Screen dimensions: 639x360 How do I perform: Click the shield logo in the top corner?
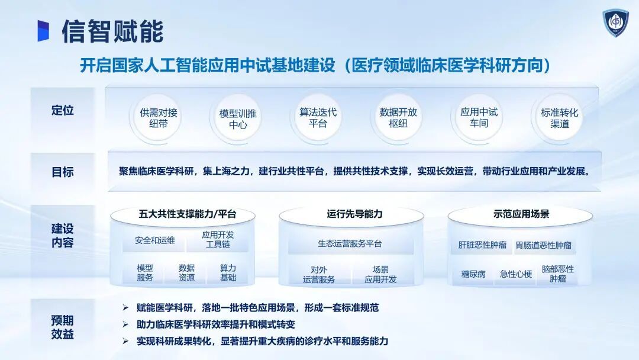(x=615, y=22)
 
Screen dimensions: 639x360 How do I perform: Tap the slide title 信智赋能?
(x=112, y=31)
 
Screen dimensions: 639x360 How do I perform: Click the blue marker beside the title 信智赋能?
(x=43, y=31)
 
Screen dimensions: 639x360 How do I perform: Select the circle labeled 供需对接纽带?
(x=158, y=118)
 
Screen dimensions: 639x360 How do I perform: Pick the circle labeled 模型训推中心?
(x=238, y=118)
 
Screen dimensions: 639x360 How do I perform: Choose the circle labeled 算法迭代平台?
(x=318, y=118)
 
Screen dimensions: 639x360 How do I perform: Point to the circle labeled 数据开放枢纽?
(x=398, y=118)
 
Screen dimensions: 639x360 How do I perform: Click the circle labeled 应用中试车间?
(x=479, y=118)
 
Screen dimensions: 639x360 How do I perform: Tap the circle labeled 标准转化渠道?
(x=559, y=118)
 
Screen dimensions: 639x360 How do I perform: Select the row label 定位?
(x=62, y=111)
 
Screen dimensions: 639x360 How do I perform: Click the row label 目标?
(x=62, y=172)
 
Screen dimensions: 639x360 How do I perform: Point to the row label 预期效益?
(x=62, y=327)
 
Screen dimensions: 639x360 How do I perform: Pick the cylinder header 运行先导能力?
(x=354, y=214)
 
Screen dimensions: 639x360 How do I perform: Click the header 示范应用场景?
(x=521, y=214)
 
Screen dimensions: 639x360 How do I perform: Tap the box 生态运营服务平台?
(x=350, y=244)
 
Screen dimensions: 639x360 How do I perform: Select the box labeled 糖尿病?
(x=473, y=274)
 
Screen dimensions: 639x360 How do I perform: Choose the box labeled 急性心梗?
(x=516, y=274)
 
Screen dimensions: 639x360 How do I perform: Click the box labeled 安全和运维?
(x=155, y=240)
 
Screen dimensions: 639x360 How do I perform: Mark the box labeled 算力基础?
(x=228, y=273)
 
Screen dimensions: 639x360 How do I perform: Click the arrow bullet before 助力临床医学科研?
(x=125, y=324)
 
